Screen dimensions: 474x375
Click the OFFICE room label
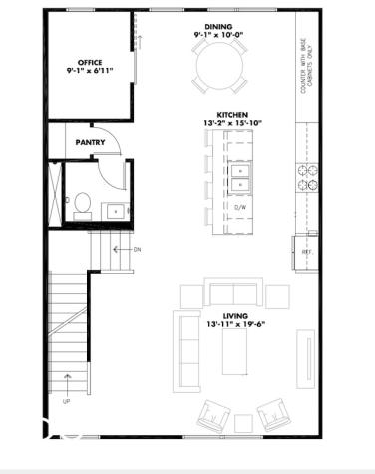(x=90, y=63)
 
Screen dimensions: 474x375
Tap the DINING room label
(x=218, y=26)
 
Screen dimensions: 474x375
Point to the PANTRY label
(x=91, y=143)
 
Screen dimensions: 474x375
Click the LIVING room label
(x=235, y=315)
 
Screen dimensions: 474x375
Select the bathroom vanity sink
(x=115, y=210)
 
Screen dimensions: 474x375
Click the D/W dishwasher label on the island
(x=239, y=207)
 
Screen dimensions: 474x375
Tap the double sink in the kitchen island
(x=239, y=177)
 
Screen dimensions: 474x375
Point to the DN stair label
(x=137, y=250)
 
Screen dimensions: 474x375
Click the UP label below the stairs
(x=67, y=402)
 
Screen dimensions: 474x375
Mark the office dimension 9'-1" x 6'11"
(x=90, y=72)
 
